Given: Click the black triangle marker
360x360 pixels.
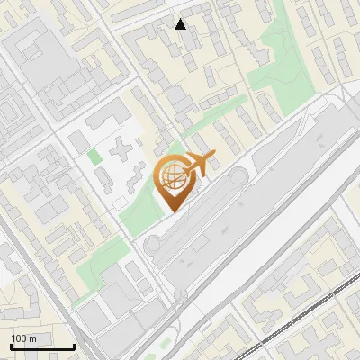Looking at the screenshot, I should tap(181, 24).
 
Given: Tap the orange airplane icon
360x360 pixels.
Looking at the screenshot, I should tap(198, 165).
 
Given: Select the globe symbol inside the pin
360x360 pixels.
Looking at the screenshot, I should tap(171, 177).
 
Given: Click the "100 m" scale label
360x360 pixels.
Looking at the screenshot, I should tap(24, 337).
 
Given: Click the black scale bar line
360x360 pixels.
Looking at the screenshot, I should tap(41, 347).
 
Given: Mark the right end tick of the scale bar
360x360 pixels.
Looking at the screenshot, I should tap(73, 346).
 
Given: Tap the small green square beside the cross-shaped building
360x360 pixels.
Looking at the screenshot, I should tap(94, 157).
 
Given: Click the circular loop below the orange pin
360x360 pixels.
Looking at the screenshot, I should tap(154, 244).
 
